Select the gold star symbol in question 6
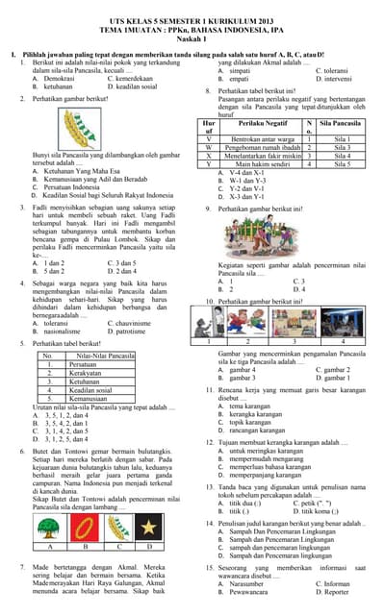150,527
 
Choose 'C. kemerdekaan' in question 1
130,79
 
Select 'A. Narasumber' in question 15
241,583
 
